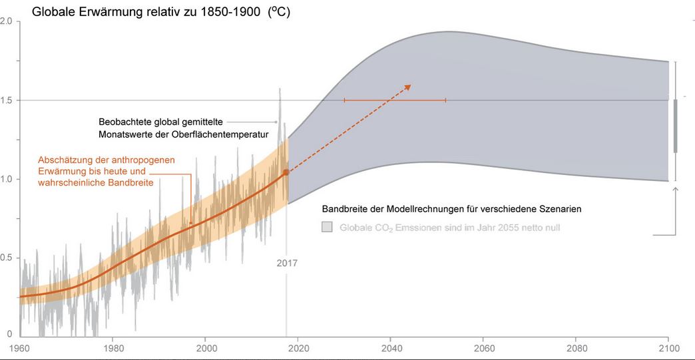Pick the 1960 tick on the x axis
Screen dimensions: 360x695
pos(19,348)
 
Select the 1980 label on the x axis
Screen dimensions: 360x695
pos(113,348)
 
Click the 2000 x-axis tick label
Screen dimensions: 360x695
pos(206,348)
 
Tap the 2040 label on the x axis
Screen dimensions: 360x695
pos(391,348)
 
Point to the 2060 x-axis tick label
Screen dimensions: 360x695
pos(483,348)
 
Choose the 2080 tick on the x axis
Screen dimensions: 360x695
pos(576,348)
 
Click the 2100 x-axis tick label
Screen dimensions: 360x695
pos(668,348)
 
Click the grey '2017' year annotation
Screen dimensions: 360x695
pos(287,263)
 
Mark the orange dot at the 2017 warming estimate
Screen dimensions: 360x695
pos(286,172)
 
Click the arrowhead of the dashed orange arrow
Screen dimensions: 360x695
pos(408,87)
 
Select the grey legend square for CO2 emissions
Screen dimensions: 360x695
pos(327,227)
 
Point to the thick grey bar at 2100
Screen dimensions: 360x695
pos(676,126)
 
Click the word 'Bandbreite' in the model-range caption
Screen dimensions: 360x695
pos(346,209)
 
